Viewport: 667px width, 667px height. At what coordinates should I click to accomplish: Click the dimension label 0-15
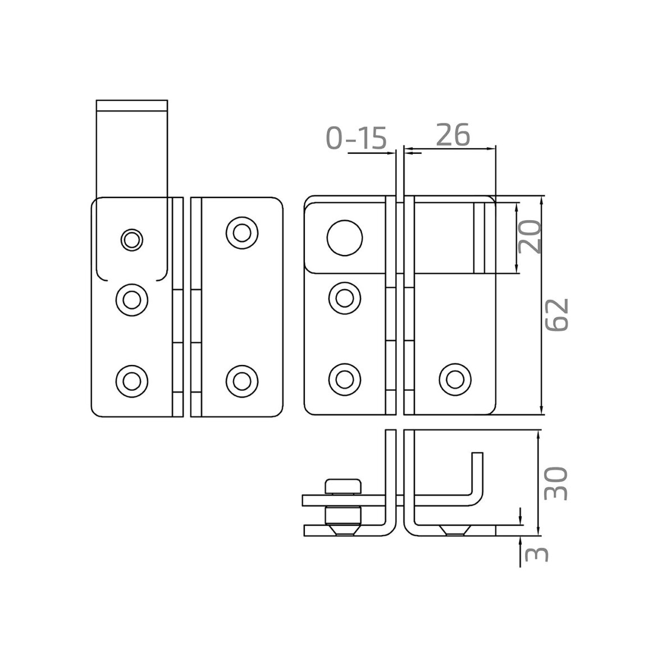point(357,137)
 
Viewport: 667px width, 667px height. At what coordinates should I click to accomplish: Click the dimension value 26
point(453,135)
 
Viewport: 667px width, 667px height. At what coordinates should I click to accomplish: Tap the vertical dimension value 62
point(557,315)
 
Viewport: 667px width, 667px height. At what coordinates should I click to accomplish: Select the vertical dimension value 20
point(530,237)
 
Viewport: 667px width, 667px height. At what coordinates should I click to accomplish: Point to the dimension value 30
point(556,483)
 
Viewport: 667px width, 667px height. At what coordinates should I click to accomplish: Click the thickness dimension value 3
point(537,554)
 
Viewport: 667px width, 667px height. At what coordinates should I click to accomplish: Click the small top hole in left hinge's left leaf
point(132,240)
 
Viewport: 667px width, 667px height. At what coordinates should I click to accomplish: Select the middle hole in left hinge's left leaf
point(132,300)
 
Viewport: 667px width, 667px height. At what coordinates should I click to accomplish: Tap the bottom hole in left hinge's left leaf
point(132,381)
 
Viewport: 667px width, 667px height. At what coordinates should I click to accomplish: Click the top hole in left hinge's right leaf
point(242,233)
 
